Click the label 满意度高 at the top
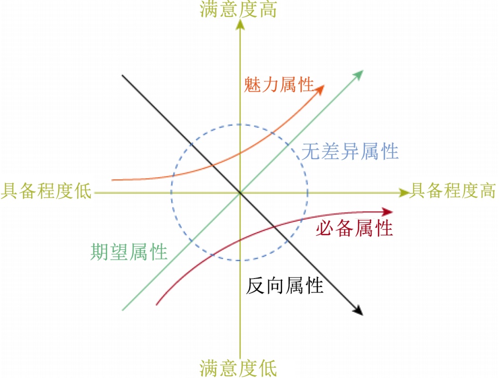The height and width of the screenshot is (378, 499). (x=238, y=9)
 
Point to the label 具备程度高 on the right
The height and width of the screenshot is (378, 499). (x=452, y=191)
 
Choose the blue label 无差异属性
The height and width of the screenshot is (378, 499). (x=350, y=152)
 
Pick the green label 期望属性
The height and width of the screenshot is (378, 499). (x=129, y=252)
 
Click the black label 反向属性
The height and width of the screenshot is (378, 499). (x=285, y=286)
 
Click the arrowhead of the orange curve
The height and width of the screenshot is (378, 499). (x=321, y=88)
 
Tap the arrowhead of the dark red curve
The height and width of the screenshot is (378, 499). (x=389, y=212)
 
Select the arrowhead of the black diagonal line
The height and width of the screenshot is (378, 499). (x=359, y=311)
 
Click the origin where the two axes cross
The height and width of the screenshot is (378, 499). (x=240, y=193)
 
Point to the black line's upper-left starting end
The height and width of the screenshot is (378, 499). (x=123, y=75)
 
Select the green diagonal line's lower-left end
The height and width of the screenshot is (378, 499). (x=123, y=310)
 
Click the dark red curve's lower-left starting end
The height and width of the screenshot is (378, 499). (x=156, y=304)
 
